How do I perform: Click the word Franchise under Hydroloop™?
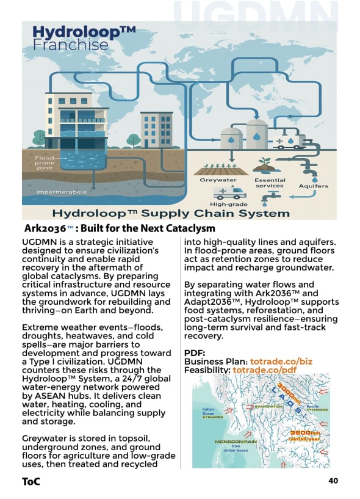[x=70, y=46]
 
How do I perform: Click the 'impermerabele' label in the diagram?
[x=61, y=192]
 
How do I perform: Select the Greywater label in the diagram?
[x=218, y=181]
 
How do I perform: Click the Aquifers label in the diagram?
[x=313, y=186]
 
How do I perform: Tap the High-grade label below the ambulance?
[x=227, y=205]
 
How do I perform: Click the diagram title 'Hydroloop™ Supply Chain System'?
[x=171, y=214]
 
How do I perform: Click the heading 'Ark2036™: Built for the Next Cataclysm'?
[x=120, y=229]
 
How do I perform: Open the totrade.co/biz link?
[x=281, y=362]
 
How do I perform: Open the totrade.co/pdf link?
[x=264, y=371]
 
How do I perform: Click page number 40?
[x=333, y=481]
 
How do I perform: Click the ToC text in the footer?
[x=31, y=481]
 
